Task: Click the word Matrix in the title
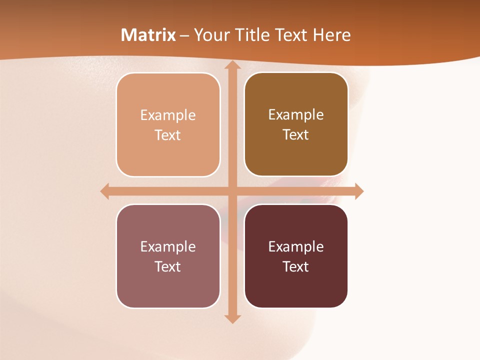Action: pos(148,35)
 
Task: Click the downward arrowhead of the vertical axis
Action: pos(232,319)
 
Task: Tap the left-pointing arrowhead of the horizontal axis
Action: pos(104,191)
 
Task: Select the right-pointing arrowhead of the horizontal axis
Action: pos(359,191)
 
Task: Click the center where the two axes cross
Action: pos(232,191)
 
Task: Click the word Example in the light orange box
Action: pos(168,115)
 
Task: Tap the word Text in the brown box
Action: pos(296,135)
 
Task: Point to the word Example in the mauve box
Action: pos(168,246)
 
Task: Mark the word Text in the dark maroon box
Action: pos(296,266)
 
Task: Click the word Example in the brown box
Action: pos(296,114)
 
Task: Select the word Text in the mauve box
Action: pos(168,266)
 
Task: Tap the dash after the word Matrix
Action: pos(184,35)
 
